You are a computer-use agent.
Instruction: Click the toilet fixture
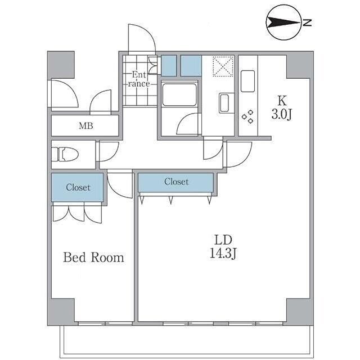coord(65,154)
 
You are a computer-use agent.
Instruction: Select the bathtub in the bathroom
coord(179,94)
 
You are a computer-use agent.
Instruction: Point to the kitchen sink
coord(247,81)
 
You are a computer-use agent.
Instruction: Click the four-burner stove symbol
coord(247,117)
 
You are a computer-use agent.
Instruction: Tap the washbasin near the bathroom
coord(224,103)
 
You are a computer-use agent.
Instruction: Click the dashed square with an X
coord(223,66)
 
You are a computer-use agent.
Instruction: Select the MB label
coord(86,126)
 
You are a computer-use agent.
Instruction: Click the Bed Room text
coord(93,258)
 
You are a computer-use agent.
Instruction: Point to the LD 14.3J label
coord(223,247)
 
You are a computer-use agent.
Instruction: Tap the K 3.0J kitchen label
coord(281,107)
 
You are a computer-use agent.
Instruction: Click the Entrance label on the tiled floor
coord(139,79)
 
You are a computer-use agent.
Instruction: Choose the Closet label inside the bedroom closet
coord(78,187)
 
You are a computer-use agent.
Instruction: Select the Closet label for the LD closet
coord(176,182)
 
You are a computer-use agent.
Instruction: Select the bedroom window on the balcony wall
coord(105,323)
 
